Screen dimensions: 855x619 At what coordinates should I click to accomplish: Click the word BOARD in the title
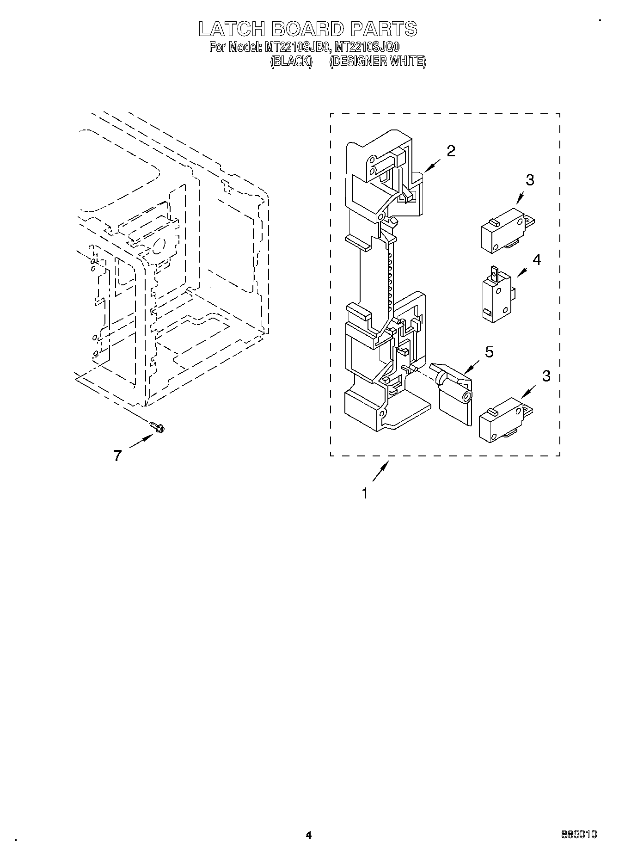308,29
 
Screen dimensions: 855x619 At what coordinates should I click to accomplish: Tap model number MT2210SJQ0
368,47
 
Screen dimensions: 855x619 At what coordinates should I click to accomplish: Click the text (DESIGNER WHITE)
378,62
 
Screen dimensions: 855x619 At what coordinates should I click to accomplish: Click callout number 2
450,151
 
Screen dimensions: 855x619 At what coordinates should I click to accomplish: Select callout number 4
536,260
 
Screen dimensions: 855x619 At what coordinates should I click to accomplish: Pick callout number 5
489,352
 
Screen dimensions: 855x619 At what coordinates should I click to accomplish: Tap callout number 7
117,456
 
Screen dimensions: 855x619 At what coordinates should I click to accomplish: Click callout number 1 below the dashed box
365,494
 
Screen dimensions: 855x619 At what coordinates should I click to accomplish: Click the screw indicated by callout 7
157,427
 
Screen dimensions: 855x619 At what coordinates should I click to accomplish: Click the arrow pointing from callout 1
380,473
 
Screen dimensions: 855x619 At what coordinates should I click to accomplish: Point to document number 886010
579,834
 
